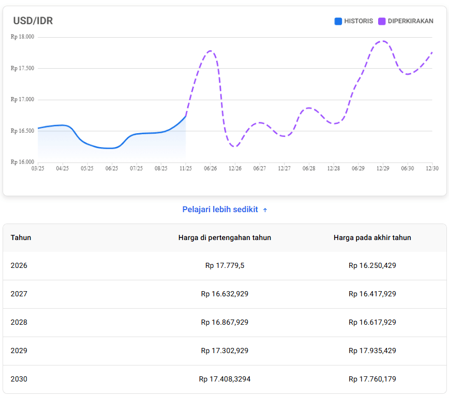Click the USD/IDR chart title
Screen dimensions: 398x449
point(33,21)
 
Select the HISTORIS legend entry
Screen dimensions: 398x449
point(354,21)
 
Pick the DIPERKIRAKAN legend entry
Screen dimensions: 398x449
point(406,21)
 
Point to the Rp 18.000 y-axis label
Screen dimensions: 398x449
point(22,37)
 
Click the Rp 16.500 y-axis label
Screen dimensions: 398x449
point(22,131)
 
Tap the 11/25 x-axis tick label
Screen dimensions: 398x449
point(185,168)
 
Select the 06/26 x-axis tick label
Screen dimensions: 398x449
point(210,168)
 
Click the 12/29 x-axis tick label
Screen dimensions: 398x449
point(383,168)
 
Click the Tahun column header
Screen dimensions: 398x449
point(21,237)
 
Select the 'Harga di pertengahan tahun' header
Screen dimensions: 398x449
point(224,237)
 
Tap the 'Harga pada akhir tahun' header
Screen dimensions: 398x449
point(372,237)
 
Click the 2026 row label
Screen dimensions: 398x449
point(19,266)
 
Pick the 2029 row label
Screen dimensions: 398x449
point(19,351)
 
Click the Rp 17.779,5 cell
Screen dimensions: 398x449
point(224,266)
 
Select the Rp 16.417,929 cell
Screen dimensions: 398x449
point(372,294)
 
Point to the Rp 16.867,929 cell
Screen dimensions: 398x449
point(224,322)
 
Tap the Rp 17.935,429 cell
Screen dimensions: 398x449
point(372,351)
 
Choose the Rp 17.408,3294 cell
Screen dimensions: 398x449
point(224,379)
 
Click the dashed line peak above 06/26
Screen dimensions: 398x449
point(211,51)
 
